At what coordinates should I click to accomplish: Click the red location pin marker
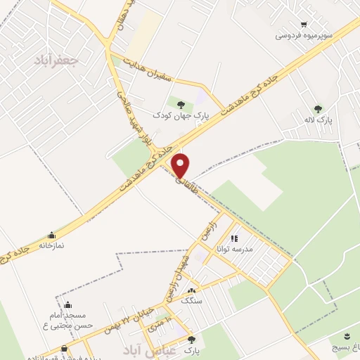(x=181, y=165)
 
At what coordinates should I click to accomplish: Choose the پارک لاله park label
(x=319, y=120)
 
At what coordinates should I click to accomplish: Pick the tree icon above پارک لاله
(x=318, y=109)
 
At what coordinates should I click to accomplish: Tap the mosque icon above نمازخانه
(x=51, y=236)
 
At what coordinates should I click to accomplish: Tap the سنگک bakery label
(x=191, y=300)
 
